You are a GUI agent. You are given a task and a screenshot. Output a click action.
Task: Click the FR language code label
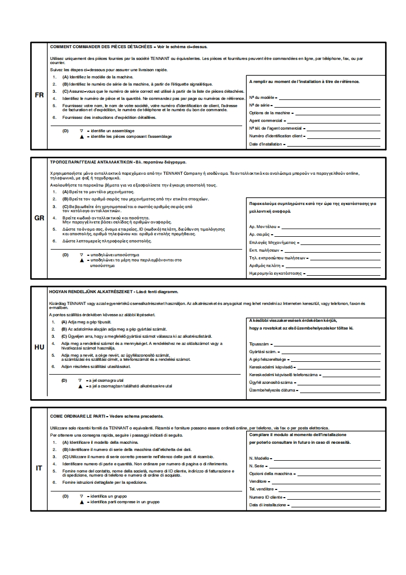39,95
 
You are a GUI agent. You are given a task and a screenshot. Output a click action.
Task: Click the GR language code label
39,218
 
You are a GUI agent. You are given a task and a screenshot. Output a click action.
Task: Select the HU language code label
39,347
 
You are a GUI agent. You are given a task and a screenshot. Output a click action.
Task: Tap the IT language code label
39,468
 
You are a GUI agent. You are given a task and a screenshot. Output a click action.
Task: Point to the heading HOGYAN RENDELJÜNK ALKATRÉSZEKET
90,291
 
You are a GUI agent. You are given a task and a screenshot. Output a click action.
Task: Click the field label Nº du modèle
262,97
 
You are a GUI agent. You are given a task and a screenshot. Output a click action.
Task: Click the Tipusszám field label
259,343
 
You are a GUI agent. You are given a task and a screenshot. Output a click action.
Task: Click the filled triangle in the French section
81,137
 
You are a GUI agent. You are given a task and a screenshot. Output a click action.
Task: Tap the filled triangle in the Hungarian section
80,386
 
